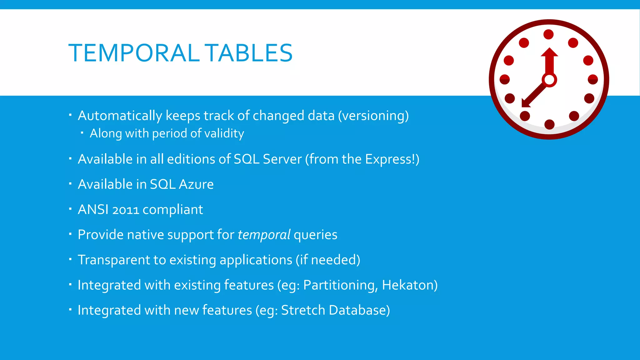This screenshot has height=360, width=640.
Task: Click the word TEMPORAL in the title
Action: tap(134, 53)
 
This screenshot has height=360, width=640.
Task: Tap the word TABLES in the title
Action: tap(250, 53)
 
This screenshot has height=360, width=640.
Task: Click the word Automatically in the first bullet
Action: tap(120, 116)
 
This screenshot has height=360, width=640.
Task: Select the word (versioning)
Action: tap(373, 116)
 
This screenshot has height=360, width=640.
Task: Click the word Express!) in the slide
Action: tap(392, 159)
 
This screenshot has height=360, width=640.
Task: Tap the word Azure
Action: tap(196, 184)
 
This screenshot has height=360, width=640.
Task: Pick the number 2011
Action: tap(126, 210)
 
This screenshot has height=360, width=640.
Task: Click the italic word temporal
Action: tap(264, 235)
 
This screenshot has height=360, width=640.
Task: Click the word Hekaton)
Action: tap(410, 285)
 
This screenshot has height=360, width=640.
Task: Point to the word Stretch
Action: tap(303, 310)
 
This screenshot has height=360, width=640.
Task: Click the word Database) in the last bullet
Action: tap(359, 310)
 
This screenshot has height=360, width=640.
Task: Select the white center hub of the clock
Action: tap(549, 80)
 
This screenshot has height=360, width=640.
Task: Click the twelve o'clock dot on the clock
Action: tap(548, 34)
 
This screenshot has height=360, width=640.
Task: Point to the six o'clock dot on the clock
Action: tap(549, 124)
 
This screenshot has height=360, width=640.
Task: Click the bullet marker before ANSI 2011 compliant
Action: tap(70, 208)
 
